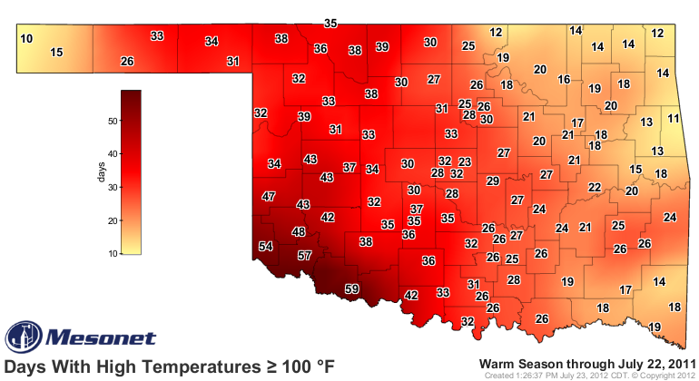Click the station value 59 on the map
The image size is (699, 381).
pos(351,289)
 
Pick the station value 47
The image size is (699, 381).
pos(268,197)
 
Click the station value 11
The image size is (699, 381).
pos(673,119)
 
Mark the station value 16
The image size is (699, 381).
pos(564,80)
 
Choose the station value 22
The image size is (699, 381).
pos(595,188)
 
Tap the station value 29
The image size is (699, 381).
pos(493,181)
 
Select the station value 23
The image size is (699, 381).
pos(464,161)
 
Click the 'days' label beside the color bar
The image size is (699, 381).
pos(104,171)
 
